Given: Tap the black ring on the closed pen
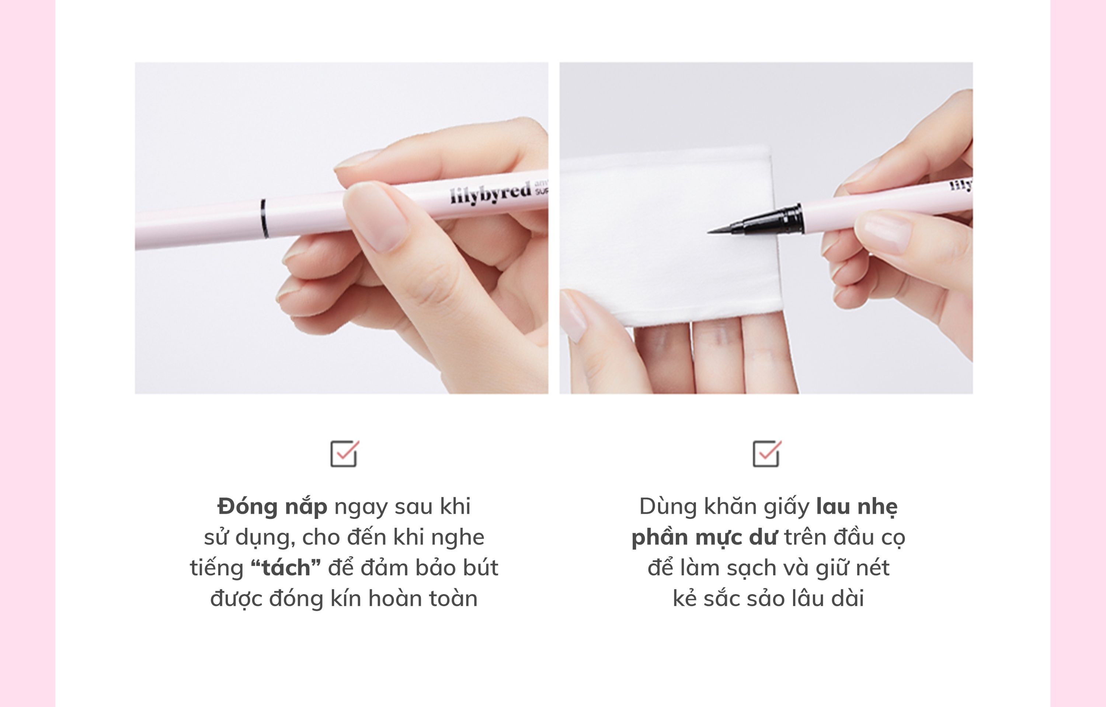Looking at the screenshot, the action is click(x=264, y=218).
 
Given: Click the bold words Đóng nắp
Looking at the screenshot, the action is click(x=272, y=506).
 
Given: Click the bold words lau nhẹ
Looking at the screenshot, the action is click(x=857, y=507).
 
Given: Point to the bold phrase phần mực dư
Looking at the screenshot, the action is click(x=705, y=537).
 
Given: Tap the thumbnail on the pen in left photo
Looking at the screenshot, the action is click(x=376, y=216).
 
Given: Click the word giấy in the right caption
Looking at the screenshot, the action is click(x=786, y=507).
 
